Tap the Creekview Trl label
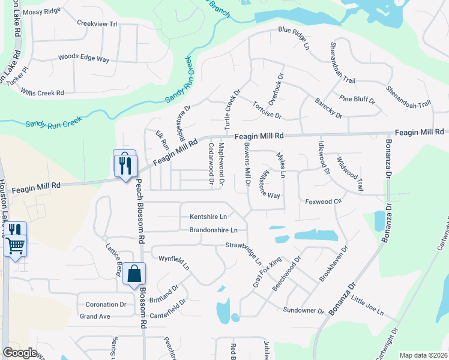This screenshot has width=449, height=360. [x=97, y=23]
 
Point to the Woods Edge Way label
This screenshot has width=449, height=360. [x=83, y=59]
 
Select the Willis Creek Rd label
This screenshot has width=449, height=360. [x=43, y=93]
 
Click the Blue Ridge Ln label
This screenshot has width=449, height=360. [x=294, y=37]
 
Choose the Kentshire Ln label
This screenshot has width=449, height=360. [x=208, y=216]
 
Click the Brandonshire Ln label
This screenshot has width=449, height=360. [x=214, y=230]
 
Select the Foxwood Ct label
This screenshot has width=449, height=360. [x=323, y=202]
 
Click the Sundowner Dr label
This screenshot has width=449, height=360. [x=303, y=311]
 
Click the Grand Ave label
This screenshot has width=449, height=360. [x=95, y=316]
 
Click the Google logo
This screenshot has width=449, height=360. [x=19, y=353]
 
